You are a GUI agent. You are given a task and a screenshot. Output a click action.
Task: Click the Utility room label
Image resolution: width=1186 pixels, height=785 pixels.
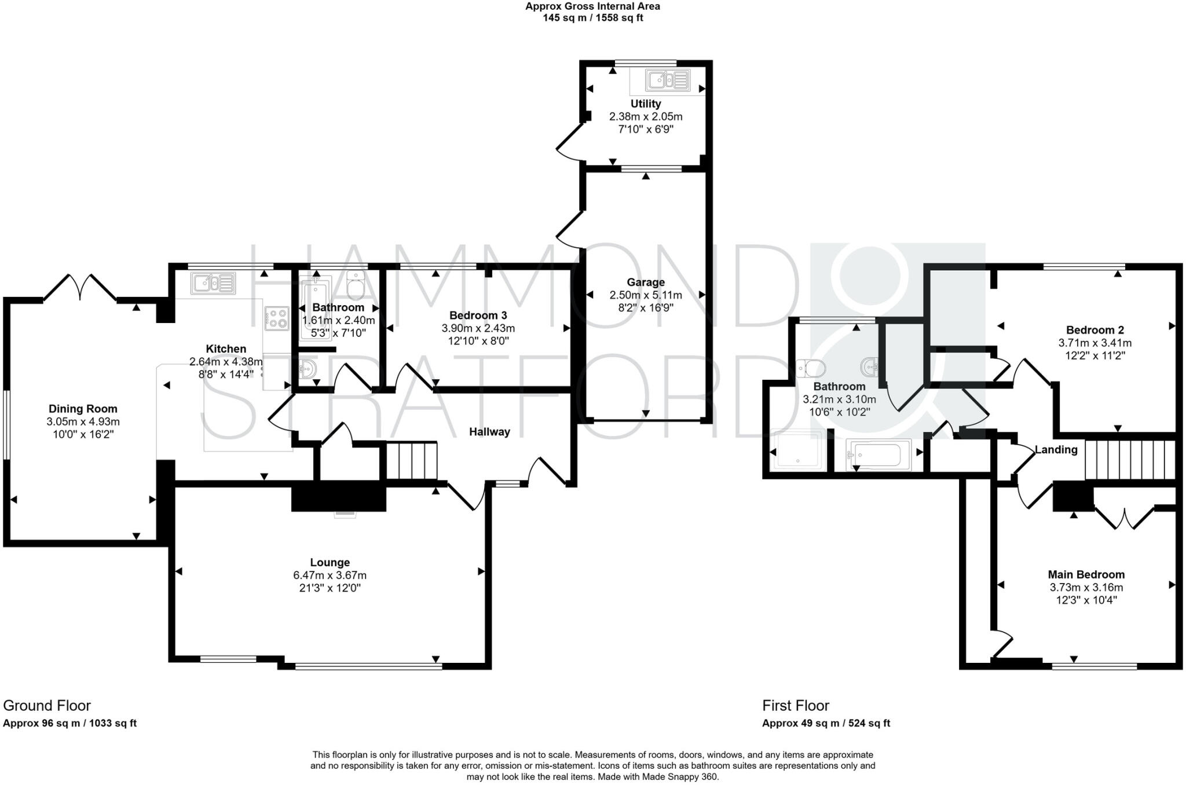[645, 104]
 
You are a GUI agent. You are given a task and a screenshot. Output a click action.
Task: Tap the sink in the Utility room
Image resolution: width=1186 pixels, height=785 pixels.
[668, 80]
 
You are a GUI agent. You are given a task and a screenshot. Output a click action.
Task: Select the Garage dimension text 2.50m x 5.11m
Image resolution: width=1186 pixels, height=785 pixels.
[645, 295]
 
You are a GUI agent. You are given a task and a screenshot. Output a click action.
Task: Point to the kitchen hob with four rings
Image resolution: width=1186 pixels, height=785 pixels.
[276, 318]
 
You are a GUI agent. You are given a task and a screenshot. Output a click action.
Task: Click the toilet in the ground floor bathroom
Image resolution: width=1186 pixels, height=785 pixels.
[356, 285]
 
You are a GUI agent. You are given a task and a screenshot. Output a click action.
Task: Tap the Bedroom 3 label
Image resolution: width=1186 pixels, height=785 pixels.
[478, 316]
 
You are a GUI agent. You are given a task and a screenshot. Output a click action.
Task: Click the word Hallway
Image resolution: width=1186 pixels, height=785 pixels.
[489, 432]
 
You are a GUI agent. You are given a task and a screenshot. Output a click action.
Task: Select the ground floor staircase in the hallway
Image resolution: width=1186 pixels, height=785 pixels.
[411, 461]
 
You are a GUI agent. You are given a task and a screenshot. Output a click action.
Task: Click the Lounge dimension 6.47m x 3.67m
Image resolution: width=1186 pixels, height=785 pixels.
[330, 575]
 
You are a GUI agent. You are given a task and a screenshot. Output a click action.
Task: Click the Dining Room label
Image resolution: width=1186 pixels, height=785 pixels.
[83, 409]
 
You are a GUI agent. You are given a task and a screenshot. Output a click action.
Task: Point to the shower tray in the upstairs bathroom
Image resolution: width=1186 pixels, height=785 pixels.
[798, 449]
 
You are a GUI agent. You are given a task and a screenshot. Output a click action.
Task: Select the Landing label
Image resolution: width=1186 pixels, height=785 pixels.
[1056, 450]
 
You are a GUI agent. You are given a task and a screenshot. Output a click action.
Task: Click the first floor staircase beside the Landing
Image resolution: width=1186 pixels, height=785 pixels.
[1129, 460]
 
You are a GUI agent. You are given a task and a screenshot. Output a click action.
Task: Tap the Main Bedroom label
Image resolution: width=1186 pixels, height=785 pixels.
[1086, 574]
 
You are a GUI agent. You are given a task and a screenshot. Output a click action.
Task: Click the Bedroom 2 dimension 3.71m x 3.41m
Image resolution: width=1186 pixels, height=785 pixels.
[1095, 343]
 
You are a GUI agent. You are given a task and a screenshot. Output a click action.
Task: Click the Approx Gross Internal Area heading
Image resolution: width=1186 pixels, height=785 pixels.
[592, 6]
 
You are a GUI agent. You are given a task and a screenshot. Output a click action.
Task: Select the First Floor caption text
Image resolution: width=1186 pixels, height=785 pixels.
[795, 706]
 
